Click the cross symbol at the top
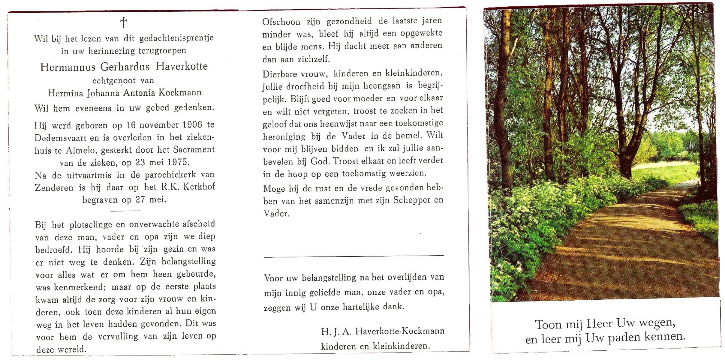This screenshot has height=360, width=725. [123, 23]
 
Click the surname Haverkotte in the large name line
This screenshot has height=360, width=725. [182, 67]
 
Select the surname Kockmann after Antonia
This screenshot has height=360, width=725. [180, 93]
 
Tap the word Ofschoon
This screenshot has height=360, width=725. [281, 22]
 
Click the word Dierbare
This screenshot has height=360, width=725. [280, 74]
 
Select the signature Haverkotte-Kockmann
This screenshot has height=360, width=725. [400, 331]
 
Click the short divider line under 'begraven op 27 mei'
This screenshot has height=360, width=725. [125, 211]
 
